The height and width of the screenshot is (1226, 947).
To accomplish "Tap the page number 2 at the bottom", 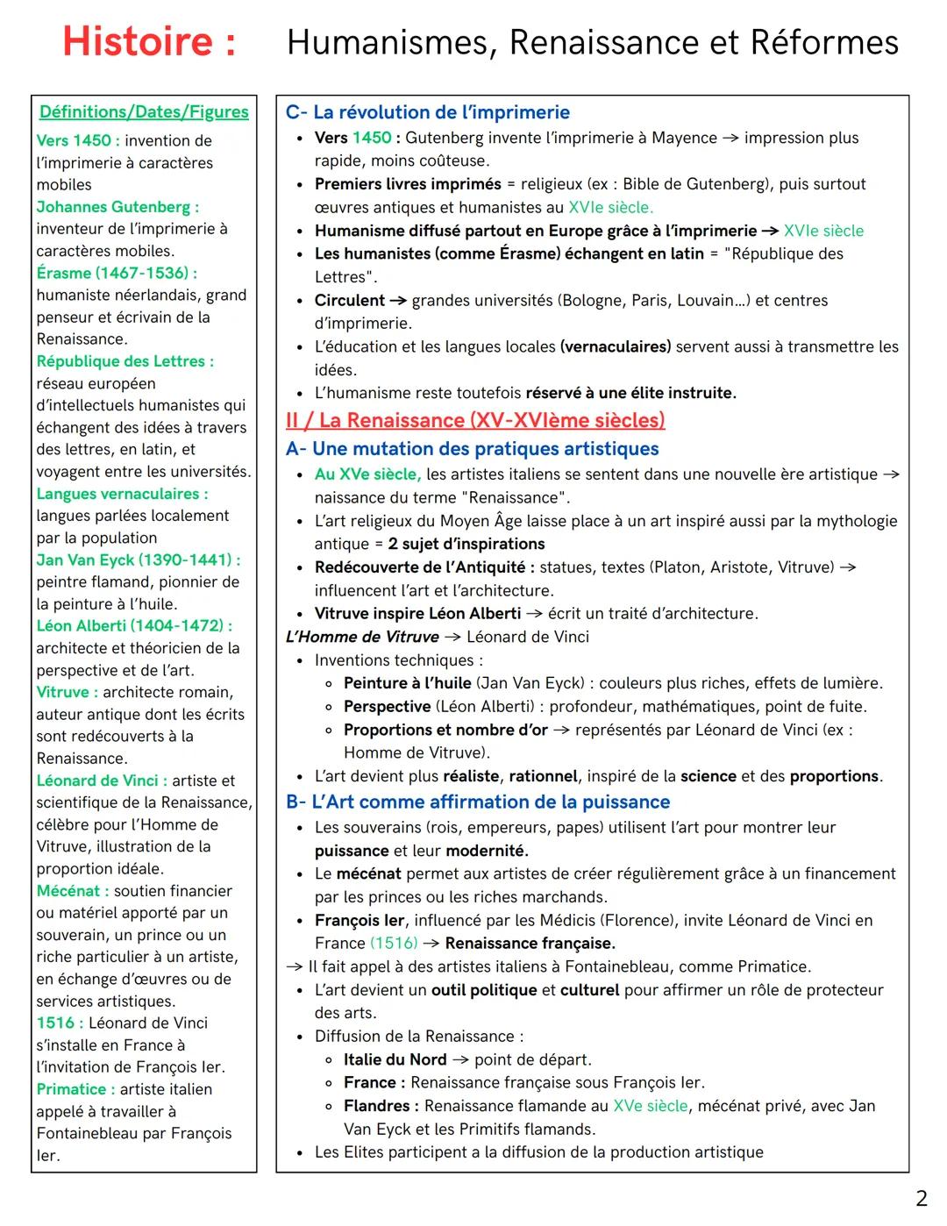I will [921, 1199].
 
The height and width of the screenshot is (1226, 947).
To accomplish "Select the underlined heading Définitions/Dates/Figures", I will [144, 112].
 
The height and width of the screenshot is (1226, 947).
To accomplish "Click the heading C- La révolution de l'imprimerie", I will [428, 112].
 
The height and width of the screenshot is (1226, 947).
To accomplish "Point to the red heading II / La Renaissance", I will [475, 420].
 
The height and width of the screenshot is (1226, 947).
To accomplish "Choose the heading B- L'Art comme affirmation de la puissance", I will [478, 802].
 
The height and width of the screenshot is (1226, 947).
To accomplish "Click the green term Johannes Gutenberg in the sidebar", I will [117, 207].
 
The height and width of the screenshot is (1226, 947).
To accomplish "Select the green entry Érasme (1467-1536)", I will [116, 273].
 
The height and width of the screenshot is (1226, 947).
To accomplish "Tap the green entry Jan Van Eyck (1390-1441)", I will [138, 560].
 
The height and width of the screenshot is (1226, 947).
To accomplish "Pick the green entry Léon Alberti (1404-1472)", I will [133, 626].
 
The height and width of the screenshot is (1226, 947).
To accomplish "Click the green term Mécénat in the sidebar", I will [68, 891].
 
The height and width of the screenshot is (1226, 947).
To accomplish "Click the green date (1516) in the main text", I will [394, 944].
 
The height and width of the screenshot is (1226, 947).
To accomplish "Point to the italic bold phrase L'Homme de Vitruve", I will [362, 637].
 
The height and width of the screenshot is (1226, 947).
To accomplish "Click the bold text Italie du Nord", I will [395, 1059].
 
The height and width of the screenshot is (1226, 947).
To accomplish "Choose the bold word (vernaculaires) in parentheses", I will [615, 346].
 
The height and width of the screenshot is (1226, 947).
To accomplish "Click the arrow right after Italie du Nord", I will [460, 1059].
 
